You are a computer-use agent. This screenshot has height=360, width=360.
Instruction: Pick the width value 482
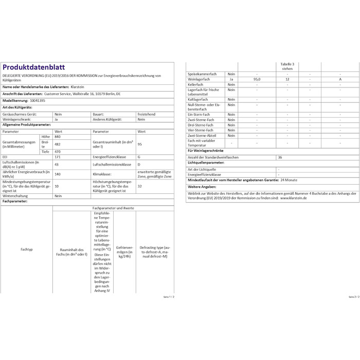point(57,144)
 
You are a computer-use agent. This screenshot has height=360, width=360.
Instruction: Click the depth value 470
point(57,152)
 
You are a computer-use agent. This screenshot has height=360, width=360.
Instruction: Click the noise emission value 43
point(56,164)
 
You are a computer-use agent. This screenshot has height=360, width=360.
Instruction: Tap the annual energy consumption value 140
point(57,174)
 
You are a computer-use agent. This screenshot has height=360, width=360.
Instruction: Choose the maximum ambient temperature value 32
point(139,186)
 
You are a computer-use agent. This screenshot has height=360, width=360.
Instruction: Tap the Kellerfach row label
point(196,84)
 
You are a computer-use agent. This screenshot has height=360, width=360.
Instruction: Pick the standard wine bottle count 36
point(280,158)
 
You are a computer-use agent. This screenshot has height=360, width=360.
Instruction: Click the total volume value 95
point(139,144)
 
